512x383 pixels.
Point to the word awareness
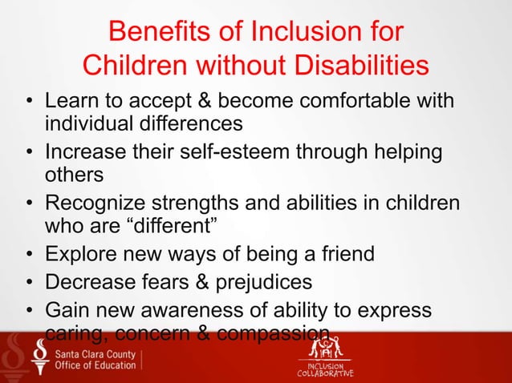pyautogui.click(x=204, y=309)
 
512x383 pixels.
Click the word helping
pyautogui.click(x=399, y=152)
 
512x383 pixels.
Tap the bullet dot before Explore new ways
pyautogui.click(x=28, y=256)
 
